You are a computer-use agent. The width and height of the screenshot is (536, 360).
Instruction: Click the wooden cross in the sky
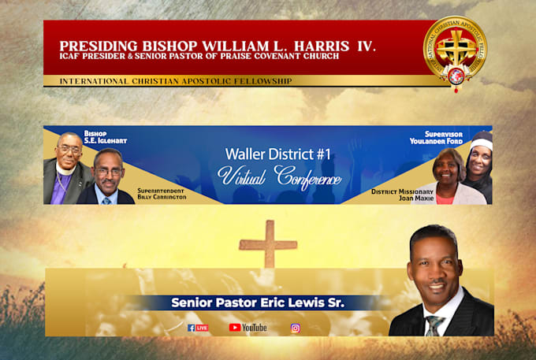[x=269, y=243]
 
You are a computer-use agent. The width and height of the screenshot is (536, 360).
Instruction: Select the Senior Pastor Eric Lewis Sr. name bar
[x=260, y=302]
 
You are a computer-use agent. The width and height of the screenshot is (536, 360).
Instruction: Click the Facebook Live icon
[x=198, y=328]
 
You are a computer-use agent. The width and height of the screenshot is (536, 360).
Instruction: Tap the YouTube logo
[x=248, y=328]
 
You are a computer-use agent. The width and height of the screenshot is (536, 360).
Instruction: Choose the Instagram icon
[x=296, y=328]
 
